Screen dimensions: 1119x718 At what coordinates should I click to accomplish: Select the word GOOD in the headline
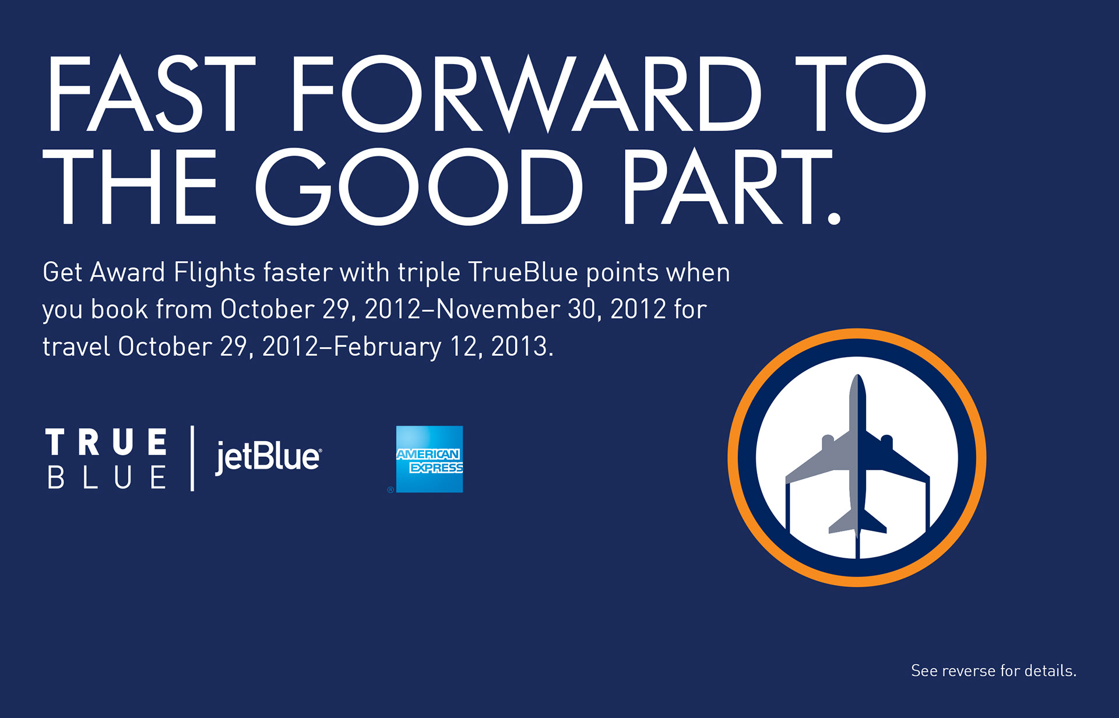pyautogui.click(x=418, y=186)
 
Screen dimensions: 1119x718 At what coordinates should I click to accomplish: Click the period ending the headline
pyautogui.click(x=834, y=217)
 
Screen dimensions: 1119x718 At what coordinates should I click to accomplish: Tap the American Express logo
pyautogui.click(x=430, y=459)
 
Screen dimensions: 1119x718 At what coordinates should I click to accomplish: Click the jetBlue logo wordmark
pyautogui.click(x=268, y=457)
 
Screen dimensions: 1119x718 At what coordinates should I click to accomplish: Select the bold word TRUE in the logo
pyautogui.click(x=107, y=442)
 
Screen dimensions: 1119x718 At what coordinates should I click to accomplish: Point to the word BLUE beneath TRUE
pyautogui.click(x=107, y=478)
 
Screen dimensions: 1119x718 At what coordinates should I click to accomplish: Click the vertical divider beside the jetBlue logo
pyautogui.click(x=192, y=459)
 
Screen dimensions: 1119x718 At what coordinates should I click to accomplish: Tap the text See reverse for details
pyautogui.click(x=994, y=671)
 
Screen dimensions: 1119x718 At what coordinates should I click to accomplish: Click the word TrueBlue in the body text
pyautogui.click(x=523, y=272)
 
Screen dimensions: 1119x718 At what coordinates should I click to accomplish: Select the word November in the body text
pyautogui.click(x=498, y=309)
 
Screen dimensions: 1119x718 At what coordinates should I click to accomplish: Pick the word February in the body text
pyautogui.click(x=388, y=347)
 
